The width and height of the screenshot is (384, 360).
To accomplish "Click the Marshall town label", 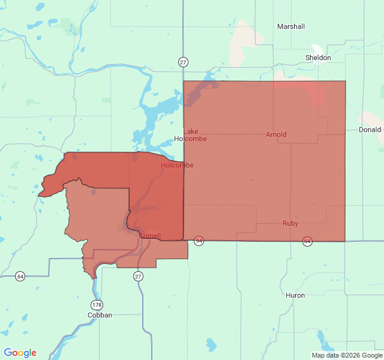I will [291, 26].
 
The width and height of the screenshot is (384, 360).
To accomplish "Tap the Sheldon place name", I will [318, 58].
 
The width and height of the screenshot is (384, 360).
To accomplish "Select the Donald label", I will [370, 130].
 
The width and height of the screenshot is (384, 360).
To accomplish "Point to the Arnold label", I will [276, 134].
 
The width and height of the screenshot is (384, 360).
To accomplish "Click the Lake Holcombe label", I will [190, 135].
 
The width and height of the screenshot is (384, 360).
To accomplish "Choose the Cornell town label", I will [149, 236].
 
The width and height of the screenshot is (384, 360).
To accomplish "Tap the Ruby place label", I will [290, 223].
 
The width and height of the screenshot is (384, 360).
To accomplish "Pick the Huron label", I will [295, 295].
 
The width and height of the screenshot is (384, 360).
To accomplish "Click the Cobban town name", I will [100, 314].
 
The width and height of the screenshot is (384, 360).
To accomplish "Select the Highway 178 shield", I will [97, 304].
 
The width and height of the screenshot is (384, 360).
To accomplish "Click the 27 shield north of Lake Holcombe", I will [183, 61].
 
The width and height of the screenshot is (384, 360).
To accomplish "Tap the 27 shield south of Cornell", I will [139, 276].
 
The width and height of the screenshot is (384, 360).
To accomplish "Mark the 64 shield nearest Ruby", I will [307, 241].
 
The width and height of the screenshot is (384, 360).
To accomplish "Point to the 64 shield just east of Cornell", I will [199, 241].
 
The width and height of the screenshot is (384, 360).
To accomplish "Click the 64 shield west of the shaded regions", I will [20, 276].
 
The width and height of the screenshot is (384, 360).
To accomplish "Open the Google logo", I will [20, 353].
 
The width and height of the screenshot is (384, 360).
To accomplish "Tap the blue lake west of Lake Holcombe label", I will [159, 111].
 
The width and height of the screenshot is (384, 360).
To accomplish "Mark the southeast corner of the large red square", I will [345, 241].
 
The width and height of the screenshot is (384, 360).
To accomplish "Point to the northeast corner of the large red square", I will [345, 82].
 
